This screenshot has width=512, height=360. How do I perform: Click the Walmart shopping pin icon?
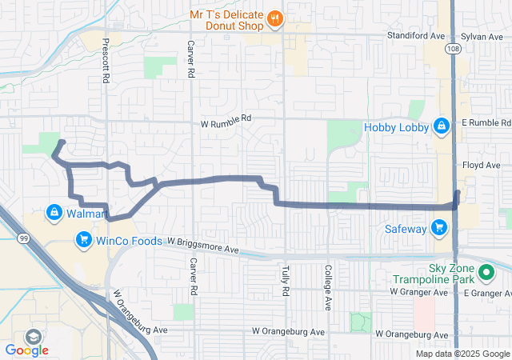54,213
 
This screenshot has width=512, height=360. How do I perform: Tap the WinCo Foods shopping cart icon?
82,238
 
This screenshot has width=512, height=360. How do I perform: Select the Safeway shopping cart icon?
438,229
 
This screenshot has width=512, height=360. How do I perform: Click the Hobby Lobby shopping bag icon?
441,126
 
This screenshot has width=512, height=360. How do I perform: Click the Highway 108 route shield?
454,49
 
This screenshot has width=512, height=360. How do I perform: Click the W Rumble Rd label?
226,118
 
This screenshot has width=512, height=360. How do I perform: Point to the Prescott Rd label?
105,60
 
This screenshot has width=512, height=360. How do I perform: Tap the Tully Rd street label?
285,281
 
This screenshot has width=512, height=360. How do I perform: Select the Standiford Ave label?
415,36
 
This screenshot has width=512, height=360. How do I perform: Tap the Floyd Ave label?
480,165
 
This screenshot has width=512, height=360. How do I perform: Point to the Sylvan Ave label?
482,36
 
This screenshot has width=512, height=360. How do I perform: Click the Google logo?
26,350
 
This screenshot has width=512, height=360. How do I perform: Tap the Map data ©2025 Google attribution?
462,354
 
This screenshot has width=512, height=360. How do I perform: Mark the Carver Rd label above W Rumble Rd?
190,58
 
